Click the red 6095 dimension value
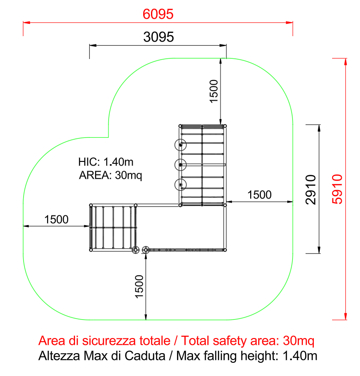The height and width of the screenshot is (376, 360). tap(158, 14)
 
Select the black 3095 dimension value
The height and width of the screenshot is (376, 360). tap(159, 37)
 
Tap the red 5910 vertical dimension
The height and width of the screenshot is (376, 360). tap(337, 189)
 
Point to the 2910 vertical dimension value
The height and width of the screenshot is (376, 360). tap(311, 190)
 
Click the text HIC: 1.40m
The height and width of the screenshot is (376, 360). tap(106, 162)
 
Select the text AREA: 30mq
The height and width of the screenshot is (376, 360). tap(111, 175)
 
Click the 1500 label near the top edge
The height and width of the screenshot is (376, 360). tap(214, 91)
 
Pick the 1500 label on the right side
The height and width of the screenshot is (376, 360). tap(259, 195)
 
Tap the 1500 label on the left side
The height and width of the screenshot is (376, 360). tap(56, 220)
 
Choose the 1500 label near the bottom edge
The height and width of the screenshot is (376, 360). tap(139, 286)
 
